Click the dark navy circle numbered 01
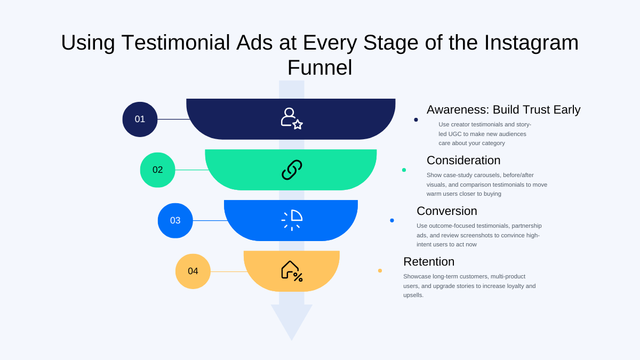point(140,119)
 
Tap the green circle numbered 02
point(157,170)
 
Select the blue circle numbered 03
point(175,221)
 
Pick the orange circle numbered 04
point(193,271)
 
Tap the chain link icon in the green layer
point(292,170)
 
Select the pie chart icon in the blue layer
point(292,220)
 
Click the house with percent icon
point(292,270)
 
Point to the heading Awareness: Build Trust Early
point(503,110)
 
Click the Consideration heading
point(463,161)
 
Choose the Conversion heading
point(446,211)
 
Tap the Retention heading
point(428,262)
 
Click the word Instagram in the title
point(531,43)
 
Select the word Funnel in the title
point(319,68)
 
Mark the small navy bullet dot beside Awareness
point(416,119)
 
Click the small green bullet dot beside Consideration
point(404,170)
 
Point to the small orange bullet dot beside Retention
point(380,271)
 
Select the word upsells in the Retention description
point(413,295)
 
